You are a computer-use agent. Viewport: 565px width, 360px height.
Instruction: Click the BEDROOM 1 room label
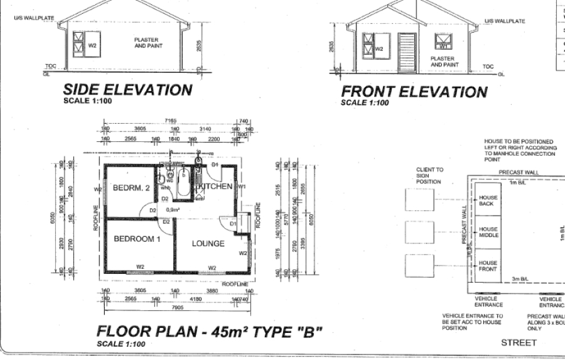tap(137, 239)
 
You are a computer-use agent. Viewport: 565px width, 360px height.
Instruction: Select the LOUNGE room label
tap(208, 243)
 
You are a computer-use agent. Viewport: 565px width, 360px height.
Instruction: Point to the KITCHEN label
tap(215, 187)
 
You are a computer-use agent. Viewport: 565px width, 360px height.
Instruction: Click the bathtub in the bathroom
tap(184, 182)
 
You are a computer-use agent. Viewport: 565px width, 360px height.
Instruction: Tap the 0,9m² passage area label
tap(173, 210)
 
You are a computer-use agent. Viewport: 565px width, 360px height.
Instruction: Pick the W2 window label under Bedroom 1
tap(141, 267)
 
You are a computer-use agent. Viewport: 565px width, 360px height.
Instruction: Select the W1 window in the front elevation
tap(443, 43)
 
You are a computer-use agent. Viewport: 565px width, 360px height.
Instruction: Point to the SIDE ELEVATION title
tap(128, 90)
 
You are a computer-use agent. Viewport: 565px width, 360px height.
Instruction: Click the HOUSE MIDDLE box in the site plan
tap(488, 232)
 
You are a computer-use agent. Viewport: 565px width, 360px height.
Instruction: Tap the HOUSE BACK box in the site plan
tap(488, 200)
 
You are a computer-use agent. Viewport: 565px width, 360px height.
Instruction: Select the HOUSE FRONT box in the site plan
tap(488, 265)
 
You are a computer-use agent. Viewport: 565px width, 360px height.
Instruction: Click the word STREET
tap(519, 342)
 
